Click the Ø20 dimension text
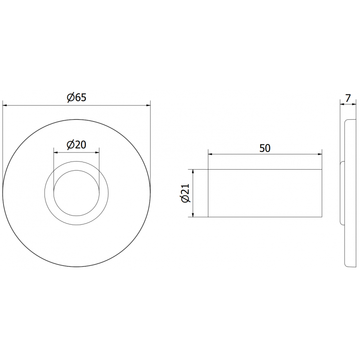point(76,144)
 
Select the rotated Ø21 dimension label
point(185,194)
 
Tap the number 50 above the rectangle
point(265,148)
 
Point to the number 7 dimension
point(348,97)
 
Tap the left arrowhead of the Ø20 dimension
point(56,152)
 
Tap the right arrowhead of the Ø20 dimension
point(97,152)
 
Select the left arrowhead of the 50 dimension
point(210,154)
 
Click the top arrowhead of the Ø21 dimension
point(193,172)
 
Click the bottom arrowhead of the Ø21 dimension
point(193,215)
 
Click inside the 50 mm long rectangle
point(265,193)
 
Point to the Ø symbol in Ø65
point(70,98)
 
